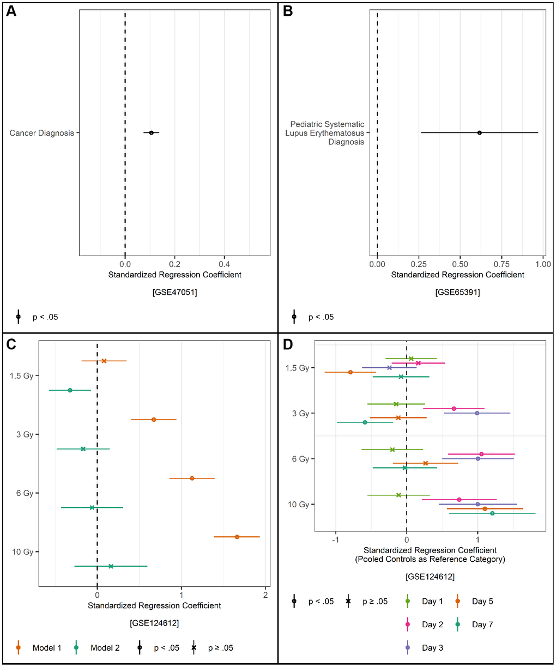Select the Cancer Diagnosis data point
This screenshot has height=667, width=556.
coord(151,132)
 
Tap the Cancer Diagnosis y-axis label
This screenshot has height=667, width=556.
coord(42,133)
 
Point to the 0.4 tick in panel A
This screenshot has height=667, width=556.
coord(225,264)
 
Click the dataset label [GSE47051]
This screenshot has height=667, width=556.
coord(174,292)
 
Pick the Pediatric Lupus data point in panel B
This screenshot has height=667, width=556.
coord(479,132)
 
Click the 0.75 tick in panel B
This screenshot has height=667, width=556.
coord(501,264)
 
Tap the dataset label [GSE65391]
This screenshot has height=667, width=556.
coord(458,292)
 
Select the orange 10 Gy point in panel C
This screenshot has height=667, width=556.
coord(237,537)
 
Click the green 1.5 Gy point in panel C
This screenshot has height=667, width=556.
coord(70,390)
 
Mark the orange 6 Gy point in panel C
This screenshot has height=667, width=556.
coord(192,478)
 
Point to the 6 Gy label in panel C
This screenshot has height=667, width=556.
coord(25,493)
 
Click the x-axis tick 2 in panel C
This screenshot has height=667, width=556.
coord(265,595)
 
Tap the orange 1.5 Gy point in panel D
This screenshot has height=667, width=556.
coord(350,372)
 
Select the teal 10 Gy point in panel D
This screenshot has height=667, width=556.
coord(492,513)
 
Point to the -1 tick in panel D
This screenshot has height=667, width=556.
coord(336,540)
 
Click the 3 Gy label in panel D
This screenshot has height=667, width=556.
coord(300,414)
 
